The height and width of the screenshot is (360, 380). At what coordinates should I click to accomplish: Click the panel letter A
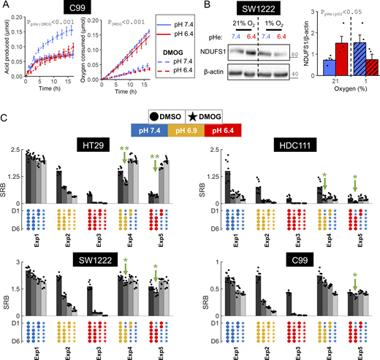pyautogui.click(x=6, y=6)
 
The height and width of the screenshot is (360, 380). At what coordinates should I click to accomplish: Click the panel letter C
pyautogui.click(x=6, y=117)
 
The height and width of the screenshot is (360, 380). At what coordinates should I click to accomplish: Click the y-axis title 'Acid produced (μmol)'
pyautogui.click(x=6, y=51)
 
